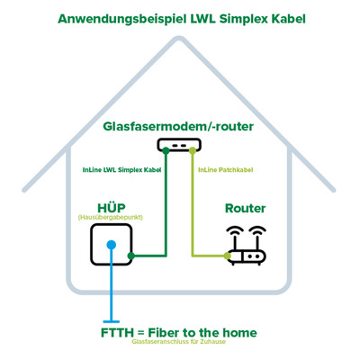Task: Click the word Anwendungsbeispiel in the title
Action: (118, 18)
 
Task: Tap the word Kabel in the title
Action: (281, 18)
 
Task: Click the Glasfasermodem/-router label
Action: (178, 127)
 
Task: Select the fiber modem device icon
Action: (178, 144)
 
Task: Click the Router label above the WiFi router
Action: (244, 209)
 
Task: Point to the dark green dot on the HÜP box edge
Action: (132, 256)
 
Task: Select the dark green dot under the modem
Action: (166, 151)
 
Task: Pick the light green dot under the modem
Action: (191, 151)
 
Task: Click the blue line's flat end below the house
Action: (112, 320)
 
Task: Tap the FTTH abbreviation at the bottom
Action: (120, 333)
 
